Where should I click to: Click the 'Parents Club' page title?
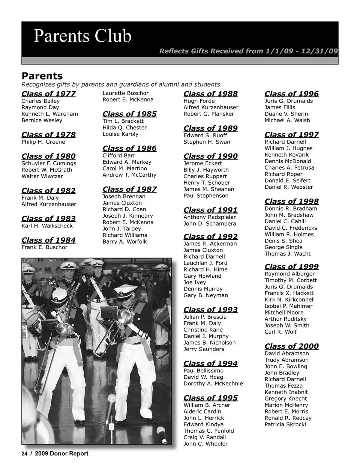pos(82,36)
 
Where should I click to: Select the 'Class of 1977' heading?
pos(48,94)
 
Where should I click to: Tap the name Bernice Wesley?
pos(42,120)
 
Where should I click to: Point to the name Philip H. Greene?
pos(43,142)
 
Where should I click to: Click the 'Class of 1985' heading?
pos(129,114)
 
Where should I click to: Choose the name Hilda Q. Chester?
pos(124,128)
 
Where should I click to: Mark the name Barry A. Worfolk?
pos(124,242)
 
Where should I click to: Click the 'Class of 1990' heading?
pos(210,156)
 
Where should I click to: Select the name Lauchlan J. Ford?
pos(205,263)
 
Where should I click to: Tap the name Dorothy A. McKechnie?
pos(213,384)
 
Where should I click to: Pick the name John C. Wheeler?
pos(205,444)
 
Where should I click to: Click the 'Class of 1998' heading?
pos(291,202)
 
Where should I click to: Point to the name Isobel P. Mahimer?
pos(288,306)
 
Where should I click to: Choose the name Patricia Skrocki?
pos(285,424)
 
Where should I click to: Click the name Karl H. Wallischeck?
pos(47,226)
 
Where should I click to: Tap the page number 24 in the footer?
pos(25,454)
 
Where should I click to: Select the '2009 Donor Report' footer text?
pos(61,454)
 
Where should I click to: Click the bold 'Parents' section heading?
pos(42,76)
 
